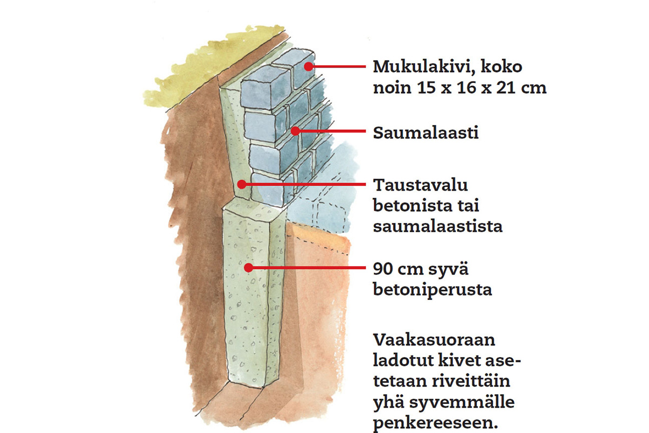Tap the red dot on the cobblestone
309,67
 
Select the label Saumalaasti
426,133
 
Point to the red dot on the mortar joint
295,130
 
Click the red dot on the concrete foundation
248,267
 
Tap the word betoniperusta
433,290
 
